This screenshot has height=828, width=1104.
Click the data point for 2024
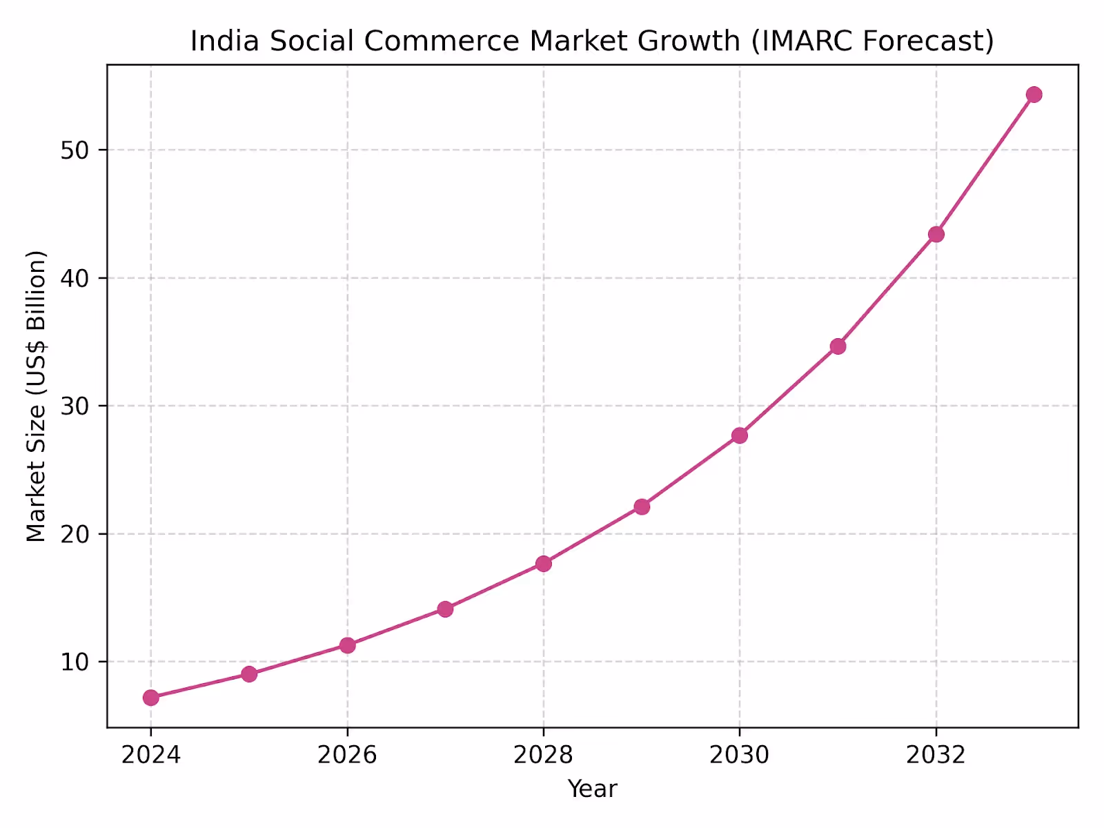tap(151, 698)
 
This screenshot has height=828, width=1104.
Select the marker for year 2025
tap(249, 674)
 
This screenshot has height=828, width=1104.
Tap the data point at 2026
tap(348, 645)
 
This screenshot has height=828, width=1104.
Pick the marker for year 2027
tap(445, 609)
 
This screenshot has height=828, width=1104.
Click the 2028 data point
tap(544, 564)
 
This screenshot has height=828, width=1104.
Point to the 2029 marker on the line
tap(642, 506)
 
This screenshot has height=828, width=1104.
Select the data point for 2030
tap(740, 435)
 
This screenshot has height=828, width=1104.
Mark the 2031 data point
tap(838, 346)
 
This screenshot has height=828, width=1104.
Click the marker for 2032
tap(936, 235)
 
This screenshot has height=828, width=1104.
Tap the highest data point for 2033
tap(1034, 95)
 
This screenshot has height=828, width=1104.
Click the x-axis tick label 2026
tap(347, 755)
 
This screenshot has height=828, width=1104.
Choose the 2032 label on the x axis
tap(936, 755)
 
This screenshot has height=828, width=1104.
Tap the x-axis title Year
tap(592, 789)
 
